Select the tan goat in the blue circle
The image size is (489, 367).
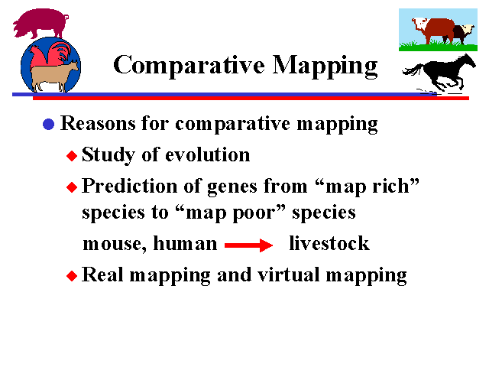(x=53, y=76)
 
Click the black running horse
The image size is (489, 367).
(x=439, y=73)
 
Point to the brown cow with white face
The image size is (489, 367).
(x=434, y=30)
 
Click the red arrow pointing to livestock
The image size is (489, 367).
(x=248, y=245)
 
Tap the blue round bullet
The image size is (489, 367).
(x=49, y=124)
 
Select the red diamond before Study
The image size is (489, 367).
(x=72, y=156)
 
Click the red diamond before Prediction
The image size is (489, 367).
(x=72, y=187)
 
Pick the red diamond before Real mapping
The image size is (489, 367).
(x=72, y=276)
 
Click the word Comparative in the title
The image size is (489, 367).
(x=189, y=66)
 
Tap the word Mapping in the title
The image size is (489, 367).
(x=325, y=66)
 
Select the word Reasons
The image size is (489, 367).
(x=98, y=123)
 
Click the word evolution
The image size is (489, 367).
(x=207, y=154)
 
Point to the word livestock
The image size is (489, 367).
(x=329, y=243)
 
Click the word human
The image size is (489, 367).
(x=185, y=243)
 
